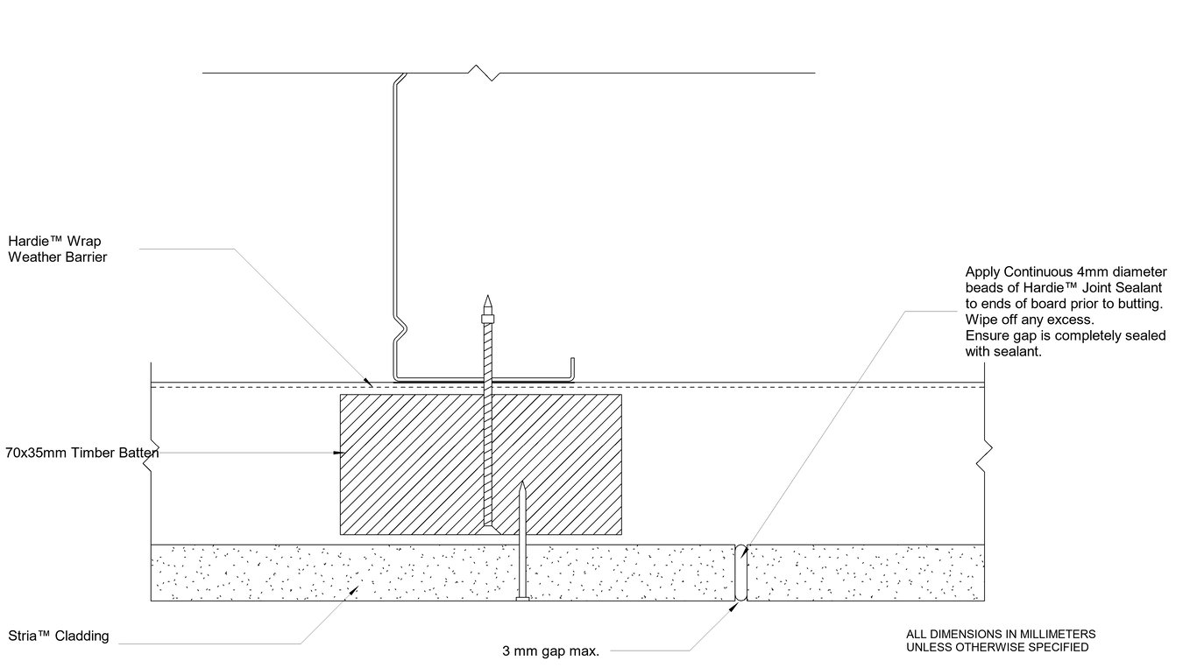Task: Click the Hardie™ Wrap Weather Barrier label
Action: click(x=57, y=249)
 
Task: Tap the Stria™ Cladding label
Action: click(x=58, y=636)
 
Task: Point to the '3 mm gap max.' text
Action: click(x=550, y=650)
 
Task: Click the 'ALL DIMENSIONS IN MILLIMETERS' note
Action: click(x=1001, y=634)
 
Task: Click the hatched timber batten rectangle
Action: click(x=412, y=464)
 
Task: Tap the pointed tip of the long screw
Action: click(x=488, y=299)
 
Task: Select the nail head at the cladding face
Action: click(x=522, y=599)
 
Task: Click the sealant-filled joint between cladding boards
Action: click(x=740, y=573)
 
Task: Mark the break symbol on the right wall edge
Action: click(x=987, y=452)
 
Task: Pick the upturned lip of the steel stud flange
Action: click(x=572, y=369)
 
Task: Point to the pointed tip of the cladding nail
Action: click(x=522, y=483)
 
